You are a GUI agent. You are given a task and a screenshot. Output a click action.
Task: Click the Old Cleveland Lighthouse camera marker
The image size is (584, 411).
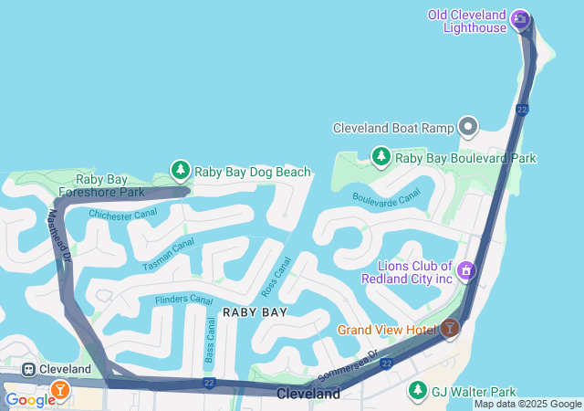520,17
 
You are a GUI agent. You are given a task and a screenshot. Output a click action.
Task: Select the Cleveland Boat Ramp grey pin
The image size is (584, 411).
469,127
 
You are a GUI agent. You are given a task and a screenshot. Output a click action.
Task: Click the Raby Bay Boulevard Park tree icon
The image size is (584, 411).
381,157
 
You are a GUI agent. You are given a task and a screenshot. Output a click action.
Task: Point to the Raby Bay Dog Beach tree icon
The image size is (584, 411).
181,171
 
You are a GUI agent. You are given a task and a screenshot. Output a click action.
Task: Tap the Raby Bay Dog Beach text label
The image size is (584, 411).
253,172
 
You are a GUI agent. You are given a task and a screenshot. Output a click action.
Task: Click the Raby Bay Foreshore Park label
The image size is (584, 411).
100,186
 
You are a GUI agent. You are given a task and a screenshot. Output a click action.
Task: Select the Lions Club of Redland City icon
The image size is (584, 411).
466,270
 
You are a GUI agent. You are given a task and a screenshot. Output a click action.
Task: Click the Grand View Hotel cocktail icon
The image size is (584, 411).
450,329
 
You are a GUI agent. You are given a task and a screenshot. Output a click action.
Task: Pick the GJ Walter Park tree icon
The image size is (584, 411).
418,390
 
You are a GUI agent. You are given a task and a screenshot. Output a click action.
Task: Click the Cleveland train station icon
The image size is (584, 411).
29,369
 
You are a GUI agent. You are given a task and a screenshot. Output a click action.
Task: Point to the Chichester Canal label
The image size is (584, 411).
122,216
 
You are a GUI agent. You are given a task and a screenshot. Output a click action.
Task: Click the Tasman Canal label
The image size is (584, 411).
169,254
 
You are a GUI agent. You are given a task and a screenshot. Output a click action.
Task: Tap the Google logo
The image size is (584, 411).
29,399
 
